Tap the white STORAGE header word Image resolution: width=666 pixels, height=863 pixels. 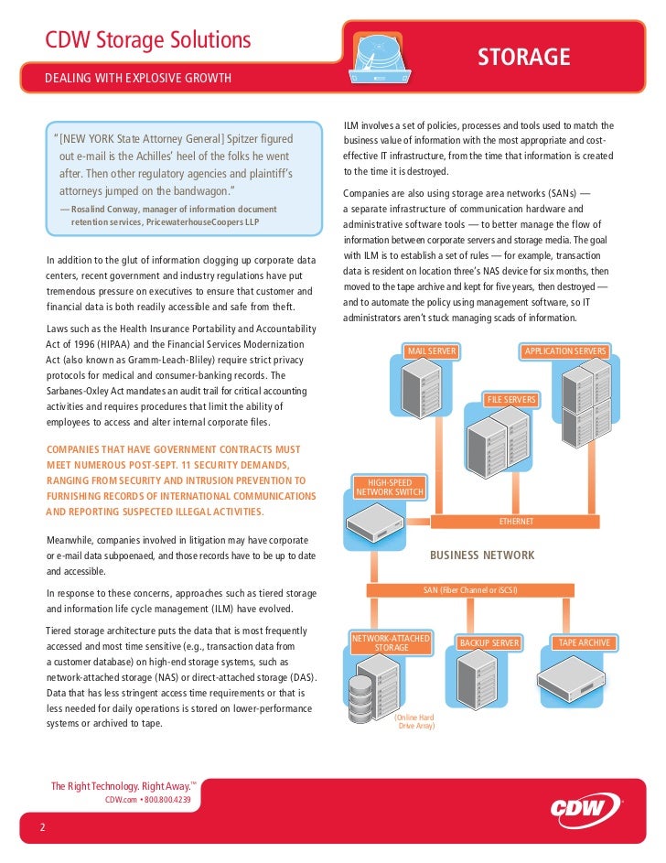coord(524,58)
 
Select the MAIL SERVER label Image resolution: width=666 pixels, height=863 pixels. coord(432,351)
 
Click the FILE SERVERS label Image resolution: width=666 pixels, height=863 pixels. coord(512,400)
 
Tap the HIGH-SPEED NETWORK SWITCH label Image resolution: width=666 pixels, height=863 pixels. coord(390,488)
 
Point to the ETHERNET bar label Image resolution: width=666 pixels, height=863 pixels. coord(516,521)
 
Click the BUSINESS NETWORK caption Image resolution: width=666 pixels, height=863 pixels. coord(482,556)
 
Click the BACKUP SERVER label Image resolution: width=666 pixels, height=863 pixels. coord(489,643)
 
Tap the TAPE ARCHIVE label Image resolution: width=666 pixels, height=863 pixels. coord(584,643)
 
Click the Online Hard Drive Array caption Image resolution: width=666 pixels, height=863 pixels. coord(414,720)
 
